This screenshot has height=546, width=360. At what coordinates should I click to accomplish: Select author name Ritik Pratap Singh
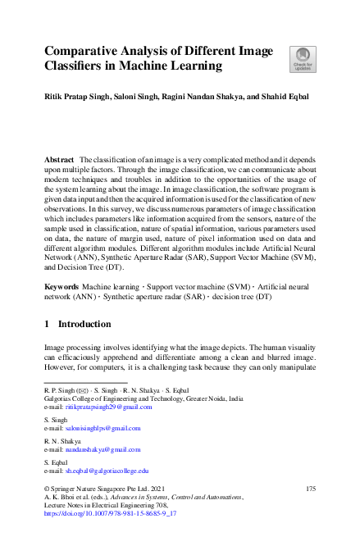click(80, 97)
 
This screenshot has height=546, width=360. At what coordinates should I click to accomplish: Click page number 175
click(310, 489)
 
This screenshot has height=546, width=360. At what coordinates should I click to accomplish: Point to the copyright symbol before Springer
click(47, 489)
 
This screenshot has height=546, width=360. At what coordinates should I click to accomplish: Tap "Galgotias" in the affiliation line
click(60, 398)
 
